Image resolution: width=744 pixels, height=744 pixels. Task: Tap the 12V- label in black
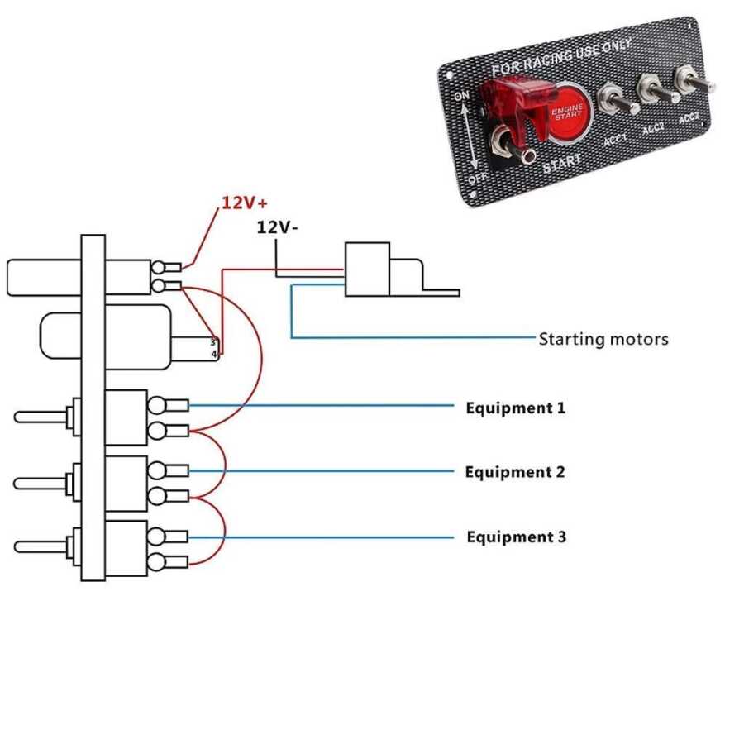pos(277,227)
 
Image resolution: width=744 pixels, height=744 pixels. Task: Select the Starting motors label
pos(603,339)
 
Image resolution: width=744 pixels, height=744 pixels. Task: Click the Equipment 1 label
pos(515,408)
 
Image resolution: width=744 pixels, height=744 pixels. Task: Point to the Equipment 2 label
pos(514,472)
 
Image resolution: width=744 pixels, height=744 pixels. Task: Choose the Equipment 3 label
pos(516,537)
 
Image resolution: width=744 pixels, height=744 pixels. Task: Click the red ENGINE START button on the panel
pos(567,112)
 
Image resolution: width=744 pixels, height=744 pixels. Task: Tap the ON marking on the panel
pos(461,97)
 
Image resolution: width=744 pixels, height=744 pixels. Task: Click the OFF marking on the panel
pos(476,177)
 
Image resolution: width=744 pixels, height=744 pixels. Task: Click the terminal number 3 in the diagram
pos(212,341)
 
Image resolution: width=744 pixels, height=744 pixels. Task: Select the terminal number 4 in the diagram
pos(212,354)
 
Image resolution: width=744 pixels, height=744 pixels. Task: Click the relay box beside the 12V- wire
pos(367,269)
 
